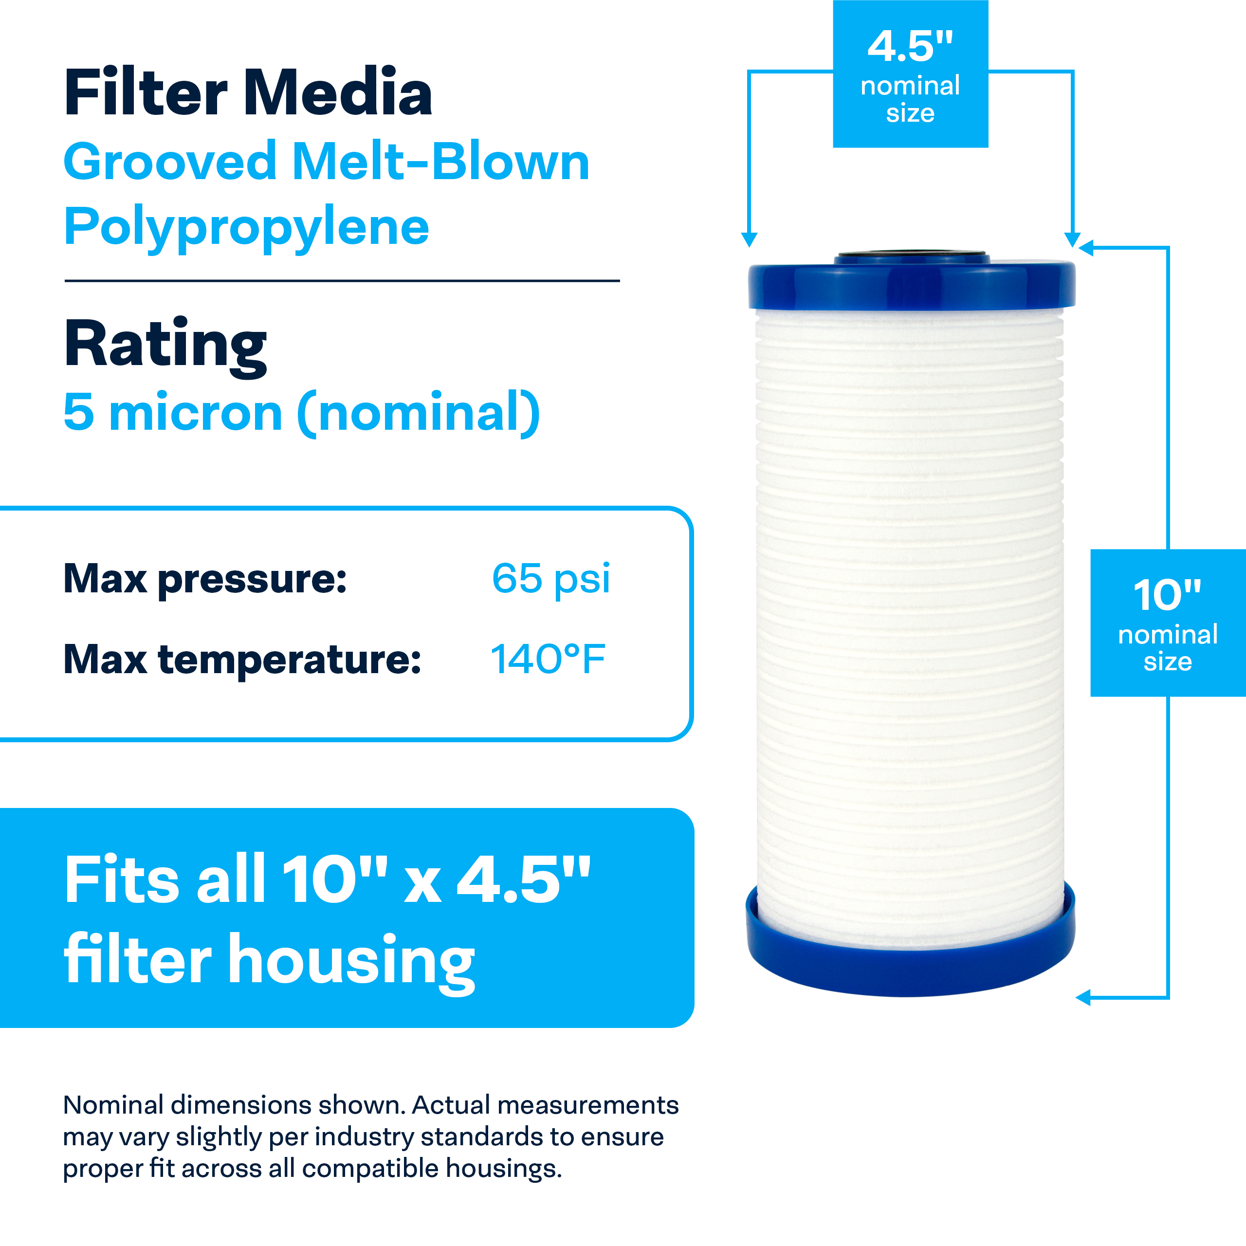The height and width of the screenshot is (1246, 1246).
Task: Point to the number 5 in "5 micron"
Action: click(x=79, y=412)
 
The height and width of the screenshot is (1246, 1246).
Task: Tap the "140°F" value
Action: click(x=548, y=659)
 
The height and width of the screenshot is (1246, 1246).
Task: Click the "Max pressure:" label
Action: click(x=205, y=579)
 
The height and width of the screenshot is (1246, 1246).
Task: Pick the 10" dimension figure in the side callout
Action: click(x=1167, y=595)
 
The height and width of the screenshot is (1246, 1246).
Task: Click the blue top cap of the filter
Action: click(x=911, y=284)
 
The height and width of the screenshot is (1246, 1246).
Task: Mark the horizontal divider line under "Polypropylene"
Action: click(x=342, y=280)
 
